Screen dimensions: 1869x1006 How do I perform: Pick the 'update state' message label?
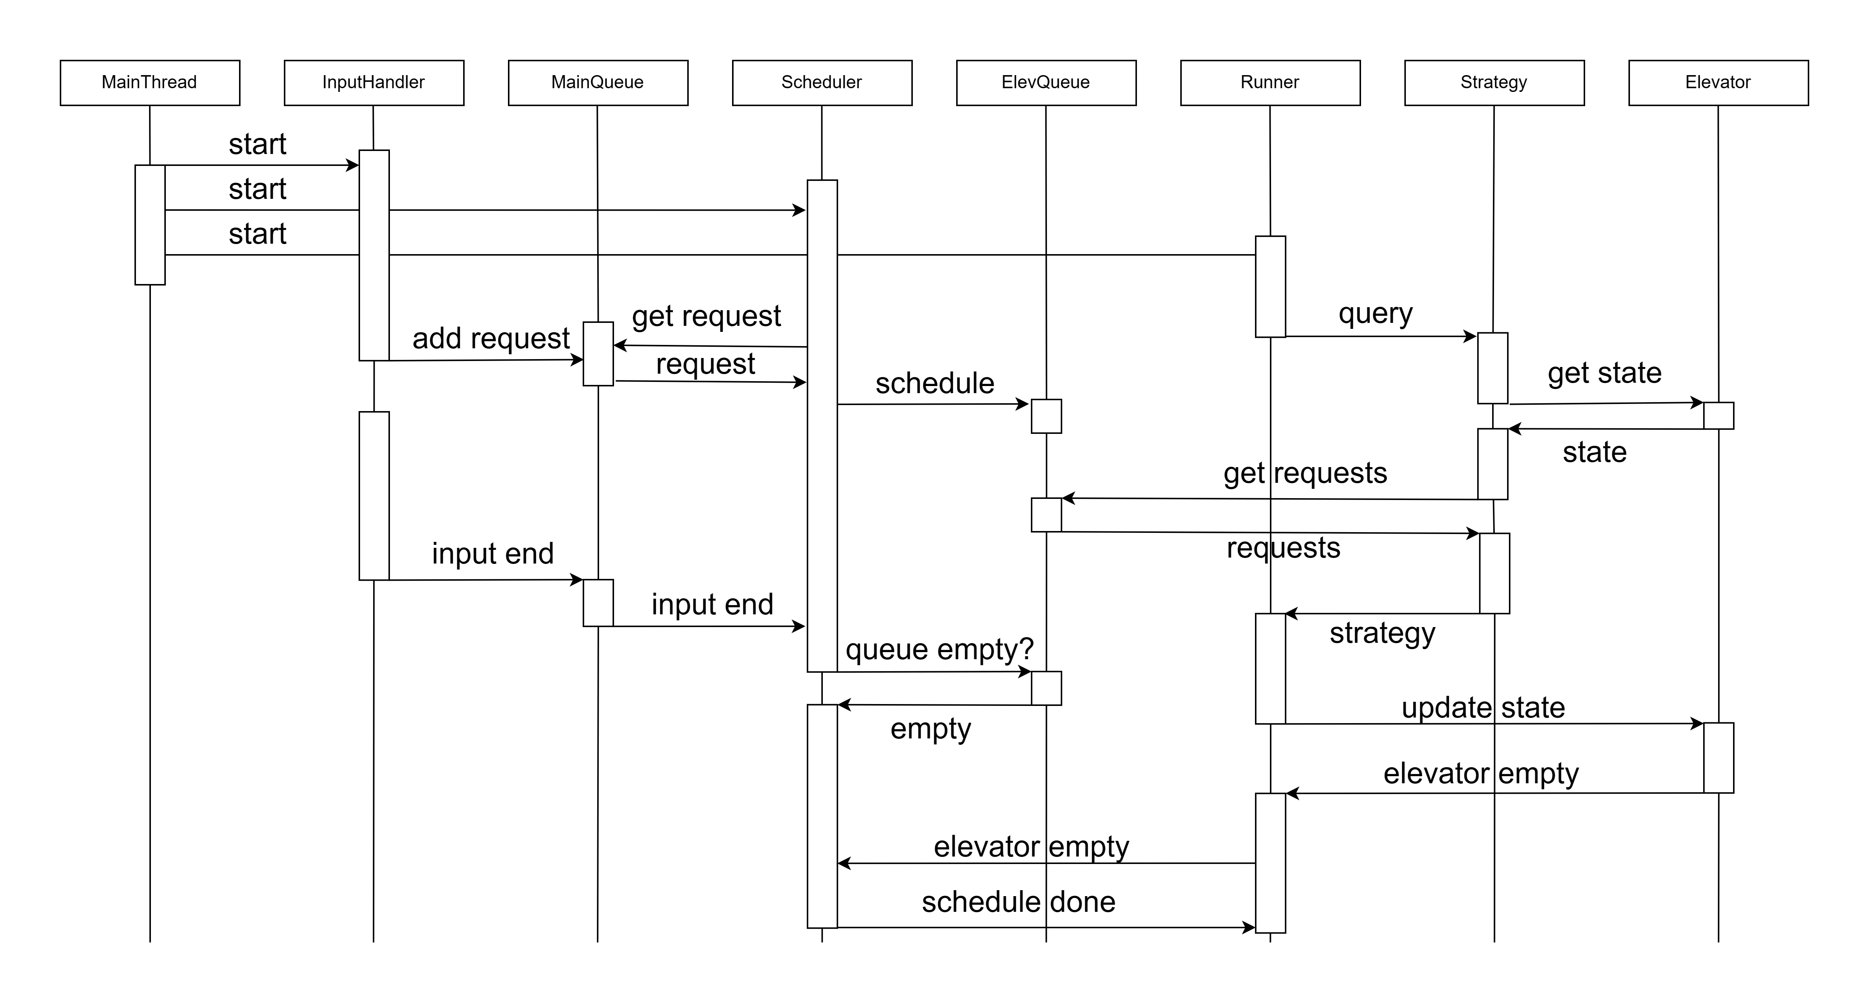(x=1483, y=708)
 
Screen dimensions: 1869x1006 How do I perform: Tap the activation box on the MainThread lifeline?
(x=150, y=225)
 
